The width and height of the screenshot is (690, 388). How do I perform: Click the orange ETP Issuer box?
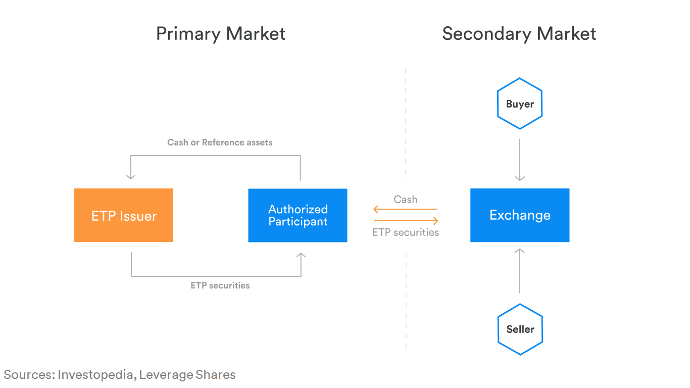pos(124,215)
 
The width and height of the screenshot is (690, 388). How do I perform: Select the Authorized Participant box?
pos(298,215)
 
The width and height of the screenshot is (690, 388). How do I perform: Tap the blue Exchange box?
pos(520,215)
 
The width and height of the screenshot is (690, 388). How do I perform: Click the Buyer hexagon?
pos(520,104)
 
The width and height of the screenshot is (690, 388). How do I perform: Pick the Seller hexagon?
pos(520,329)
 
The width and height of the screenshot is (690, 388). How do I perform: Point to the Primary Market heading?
pos(221,34)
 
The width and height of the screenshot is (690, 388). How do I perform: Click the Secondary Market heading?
pos(519,34)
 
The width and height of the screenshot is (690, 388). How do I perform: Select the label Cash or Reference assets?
pos(220,142)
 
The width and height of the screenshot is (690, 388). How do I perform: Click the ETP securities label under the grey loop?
pos(220,285)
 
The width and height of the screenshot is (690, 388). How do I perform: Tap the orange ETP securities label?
pos(406,232)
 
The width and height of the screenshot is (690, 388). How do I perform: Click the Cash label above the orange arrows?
pos(406,200)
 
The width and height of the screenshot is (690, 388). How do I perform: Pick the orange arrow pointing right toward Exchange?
pos(406,221)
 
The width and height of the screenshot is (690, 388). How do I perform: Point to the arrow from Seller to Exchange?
pos(520,270)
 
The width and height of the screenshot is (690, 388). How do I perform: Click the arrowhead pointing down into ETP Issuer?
pos(131,176)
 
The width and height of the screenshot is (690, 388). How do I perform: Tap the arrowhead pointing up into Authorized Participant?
pos(301,256)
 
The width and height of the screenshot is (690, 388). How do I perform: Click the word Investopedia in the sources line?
pos(96,375)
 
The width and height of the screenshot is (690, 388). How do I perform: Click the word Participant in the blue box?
pos(298,222)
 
